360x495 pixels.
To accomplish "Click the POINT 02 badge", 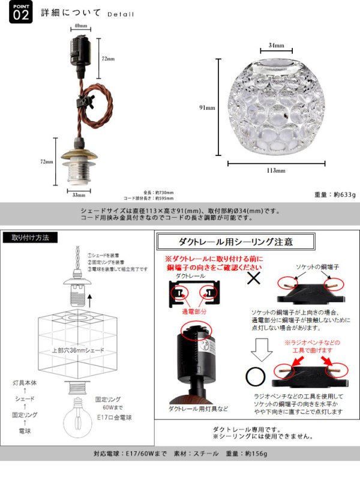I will tap(20, 13).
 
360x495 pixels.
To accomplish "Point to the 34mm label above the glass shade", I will tap(277, 44).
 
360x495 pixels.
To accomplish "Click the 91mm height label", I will tap(207, 108).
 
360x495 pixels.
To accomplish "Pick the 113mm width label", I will tap(276, 171).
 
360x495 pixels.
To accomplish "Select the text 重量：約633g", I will tap(335, 194).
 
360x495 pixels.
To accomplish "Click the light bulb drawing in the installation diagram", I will tap(80, 415).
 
